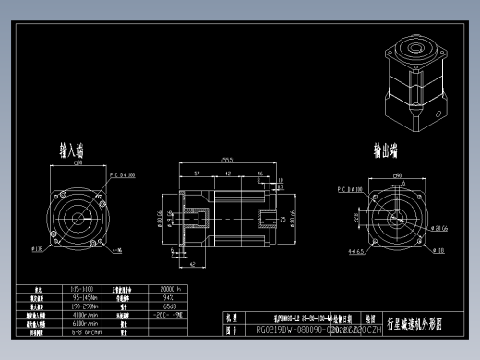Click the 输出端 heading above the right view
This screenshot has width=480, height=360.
coord(388,150)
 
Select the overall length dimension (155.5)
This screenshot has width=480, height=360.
coord(226,162)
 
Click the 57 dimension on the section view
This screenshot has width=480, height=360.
coord(198,173)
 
